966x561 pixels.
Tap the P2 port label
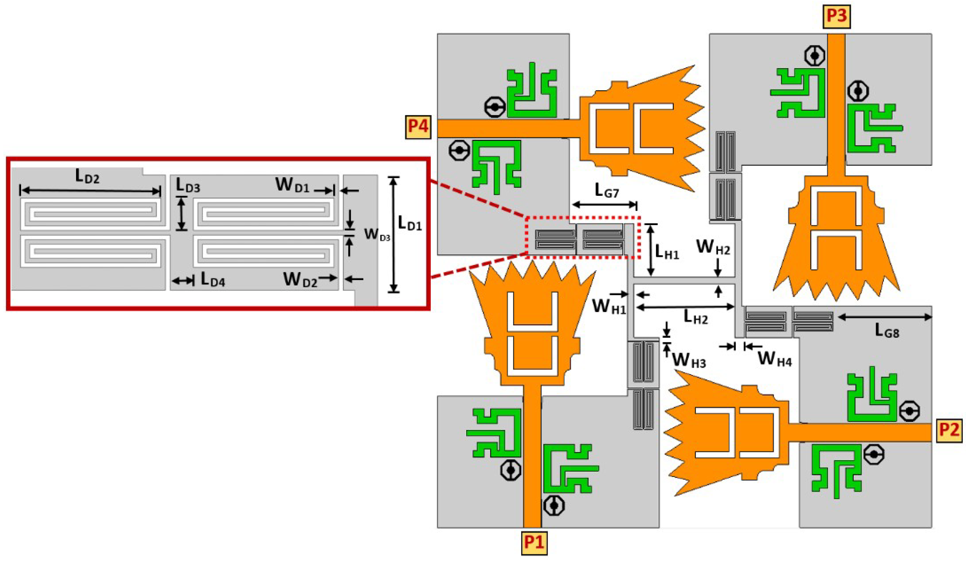click(949, 431)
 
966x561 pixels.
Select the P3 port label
click(836, 16)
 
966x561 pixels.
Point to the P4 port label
click(418, 127)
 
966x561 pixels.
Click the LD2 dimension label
click(87, 176)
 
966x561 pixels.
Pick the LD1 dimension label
click(410, 223)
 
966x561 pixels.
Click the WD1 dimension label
click(292, 185)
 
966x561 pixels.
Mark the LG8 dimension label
click(887, 331)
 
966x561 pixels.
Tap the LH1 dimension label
click(667, 252)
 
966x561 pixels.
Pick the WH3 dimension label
click(689, 361)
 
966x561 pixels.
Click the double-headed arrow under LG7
click(604, 205)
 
